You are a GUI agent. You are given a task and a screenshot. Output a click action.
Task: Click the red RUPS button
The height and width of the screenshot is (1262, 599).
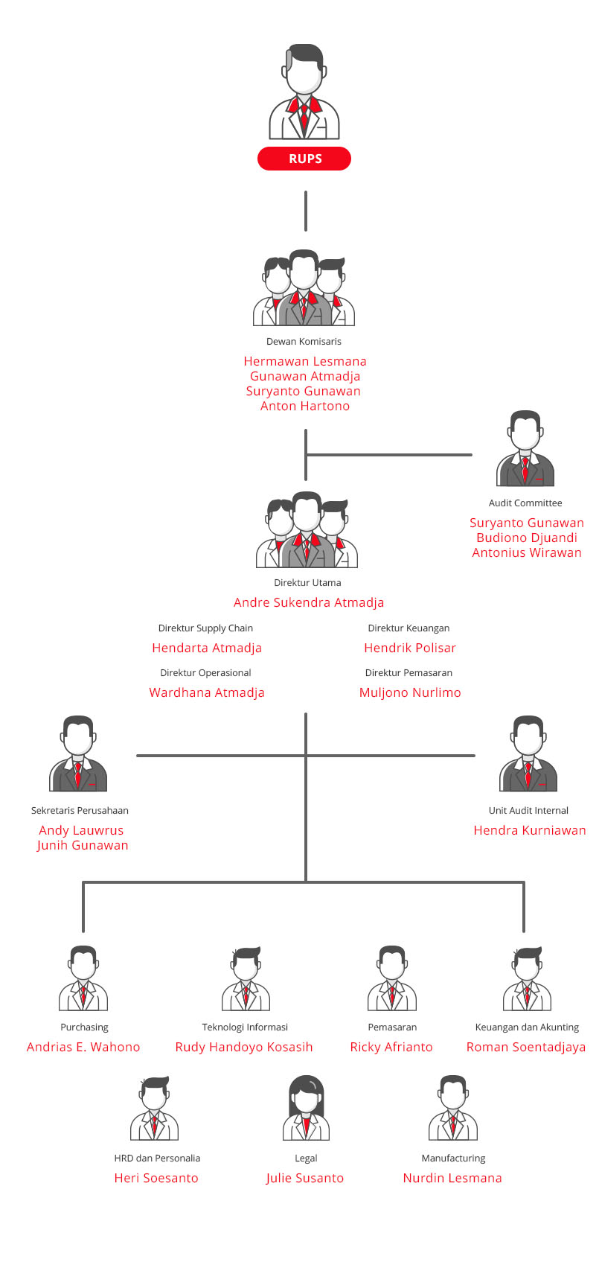point(304,159)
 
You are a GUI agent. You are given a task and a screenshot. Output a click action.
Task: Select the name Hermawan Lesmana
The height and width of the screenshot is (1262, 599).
point(305,361)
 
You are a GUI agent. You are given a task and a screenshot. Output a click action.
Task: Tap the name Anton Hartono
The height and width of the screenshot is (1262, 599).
point(305,406)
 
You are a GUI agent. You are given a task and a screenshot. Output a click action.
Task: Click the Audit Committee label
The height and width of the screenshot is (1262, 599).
point(525,503)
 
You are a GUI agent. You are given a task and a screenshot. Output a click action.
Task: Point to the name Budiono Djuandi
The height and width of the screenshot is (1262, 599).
point(527,538)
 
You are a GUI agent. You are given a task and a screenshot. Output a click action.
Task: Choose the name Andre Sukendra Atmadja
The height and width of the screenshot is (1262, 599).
point(309,602)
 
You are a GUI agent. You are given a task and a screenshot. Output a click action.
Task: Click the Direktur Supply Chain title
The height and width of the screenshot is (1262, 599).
point(205,628)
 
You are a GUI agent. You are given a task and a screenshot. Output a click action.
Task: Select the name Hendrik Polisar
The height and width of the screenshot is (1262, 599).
point(410,648)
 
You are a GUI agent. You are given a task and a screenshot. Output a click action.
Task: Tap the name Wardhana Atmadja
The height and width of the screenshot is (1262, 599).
point(207,692)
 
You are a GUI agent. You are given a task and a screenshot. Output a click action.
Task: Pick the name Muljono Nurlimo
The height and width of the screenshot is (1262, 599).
point(410,692)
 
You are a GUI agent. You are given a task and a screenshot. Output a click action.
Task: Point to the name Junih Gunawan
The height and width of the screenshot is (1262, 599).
point(83,845)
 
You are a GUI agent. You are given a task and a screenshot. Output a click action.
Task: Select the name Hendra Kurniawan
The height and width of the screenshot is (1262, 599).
point(530,830)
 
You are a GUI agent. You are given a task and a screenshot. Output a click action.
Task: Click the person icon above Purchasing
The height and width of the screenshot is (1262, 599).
point(83,978)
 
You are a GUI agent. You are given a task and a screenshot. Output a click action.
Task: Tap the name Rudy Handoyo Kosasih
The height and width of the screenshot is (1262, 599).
point(244,1047)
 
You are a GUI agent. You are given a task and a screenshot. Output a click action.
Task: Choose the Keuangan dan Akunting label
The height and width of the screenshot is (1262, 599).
point(527,1027)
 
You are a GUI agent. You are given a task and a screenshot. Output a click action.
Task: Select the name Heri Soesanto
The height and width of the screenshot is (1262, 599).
point(156,1178)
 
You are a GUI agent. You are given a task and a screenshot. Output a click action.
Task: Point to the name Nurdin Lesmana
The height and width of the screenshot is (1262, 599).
point(452,1178)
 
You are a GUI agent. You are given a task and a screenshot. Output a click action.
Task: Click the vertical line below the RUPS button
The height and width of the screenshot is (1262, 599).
point(305,211)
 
